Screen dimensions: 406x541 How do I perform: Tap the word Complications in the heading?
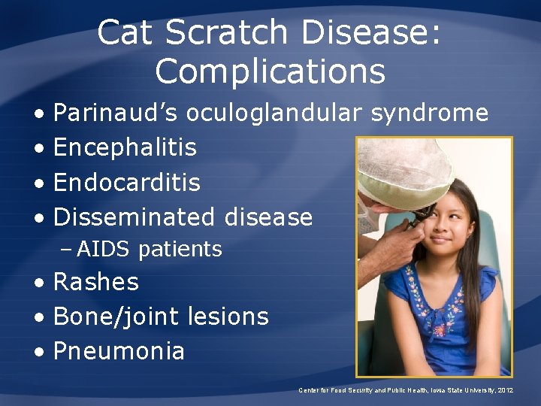(x=270, y=71)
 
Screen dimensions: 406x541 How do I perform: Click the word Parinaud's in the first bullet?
(x=116, y=114)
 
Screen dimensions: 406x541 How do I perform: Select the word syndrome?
(x=430, y=114)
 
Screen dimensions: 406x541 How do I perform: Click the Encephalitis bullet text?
(x=125, y=148)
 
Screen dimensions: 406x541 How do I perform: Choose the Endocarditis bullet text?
(x=127, y=183)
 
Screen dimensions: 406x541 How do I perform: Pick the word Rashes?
(x=96, y=283)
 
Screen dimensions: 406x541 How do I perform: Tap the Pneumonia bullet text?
(x=119, y=351)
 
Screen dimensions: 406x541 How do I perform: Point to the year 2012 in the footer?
(x=504, y=390)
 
